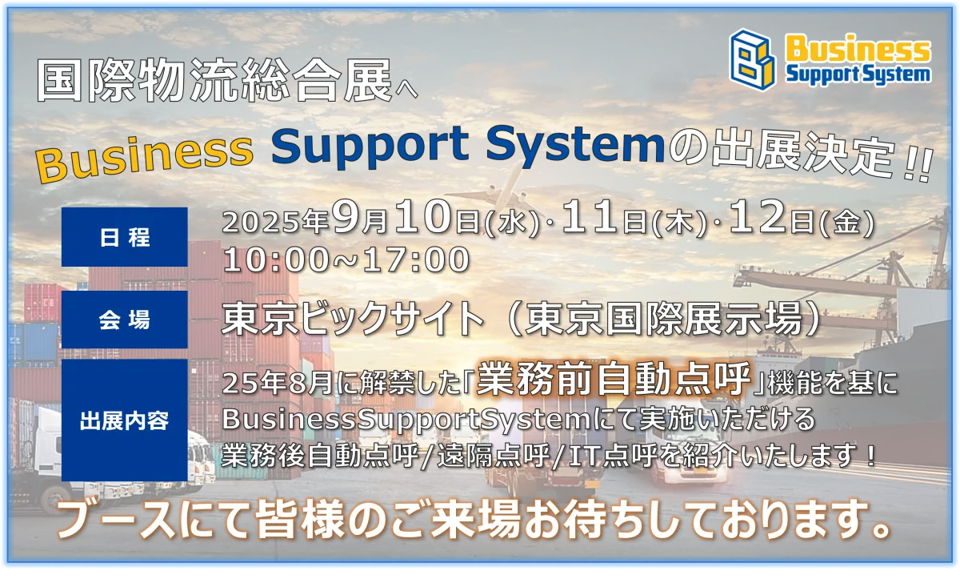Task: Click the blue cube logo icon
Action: tap(753, 59)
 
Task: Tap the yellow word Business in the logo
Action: tap(858, 48)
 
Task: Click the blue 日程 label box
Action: tap(124, 237)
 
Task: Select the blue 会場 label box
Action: tap(124, 320)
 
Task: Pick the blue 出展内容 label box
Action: tap(124, 420)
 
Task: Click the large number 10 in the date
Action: tap(422, 218)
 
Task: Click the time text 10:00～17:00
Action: tap(346, 260)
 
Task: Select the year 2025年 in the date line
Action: tap(275, 222)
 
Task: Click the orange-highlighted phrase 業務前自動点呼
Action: tap(614, 379)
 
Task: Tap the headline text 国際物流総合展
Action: tap(214, 80)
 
